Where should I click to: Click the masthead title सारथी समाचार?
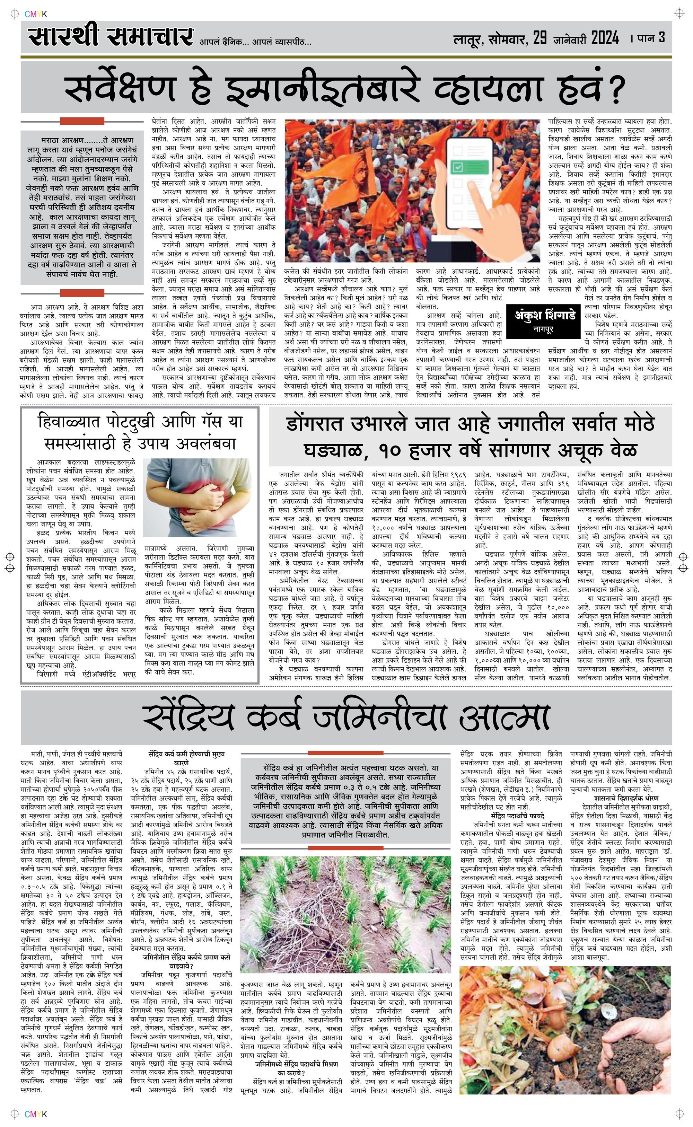click(x=110, y=37)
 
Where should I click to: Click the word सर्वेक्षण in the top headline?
click(x=120, y=89)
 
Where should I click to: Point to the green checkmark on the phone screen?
click(x=458, y=167)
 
